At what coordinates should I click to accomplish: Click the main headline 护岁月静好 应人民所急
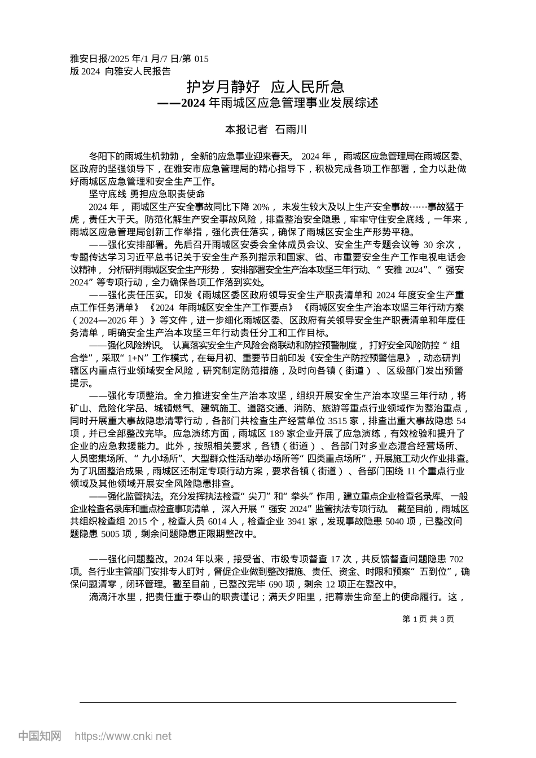coord(265,87)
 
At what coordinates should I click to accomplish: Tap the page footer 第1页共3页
coord(428,619)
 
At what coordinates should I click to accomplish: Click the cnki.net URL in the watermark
coord(123,736)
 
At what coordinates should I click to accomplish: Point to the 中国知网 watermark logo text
coord(39,736)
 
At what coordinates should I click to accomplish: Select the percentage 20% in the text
coord(263,206)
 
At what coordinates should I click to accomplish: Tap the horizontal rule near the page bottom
coord(267,702)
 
